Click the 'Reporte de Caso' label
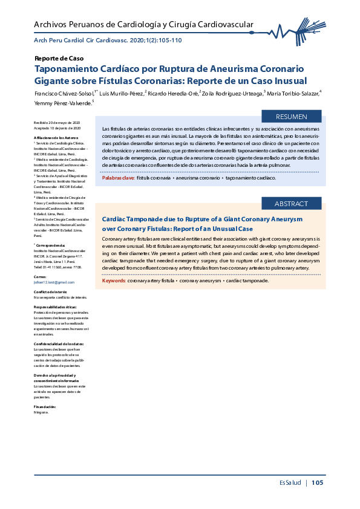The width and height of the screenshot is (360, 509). pos(59,59)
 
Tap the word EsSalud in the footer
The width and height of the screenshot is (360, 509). pos(290,482)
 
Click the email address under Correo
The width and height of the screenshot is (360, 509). pos(54,282)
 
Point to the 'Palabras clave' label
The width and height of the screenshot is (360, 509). pos(119,178)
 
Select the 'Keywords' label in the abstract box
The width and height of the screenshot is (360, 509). pos(113,280)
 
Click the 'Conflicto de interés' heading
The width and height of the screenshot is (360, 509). pos(50,292)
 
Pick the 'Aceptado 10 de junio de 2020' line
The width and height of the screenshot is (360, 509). pos(57,129)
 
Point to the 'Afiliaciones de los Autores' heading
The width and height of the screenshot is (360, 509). pos(56,138)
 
